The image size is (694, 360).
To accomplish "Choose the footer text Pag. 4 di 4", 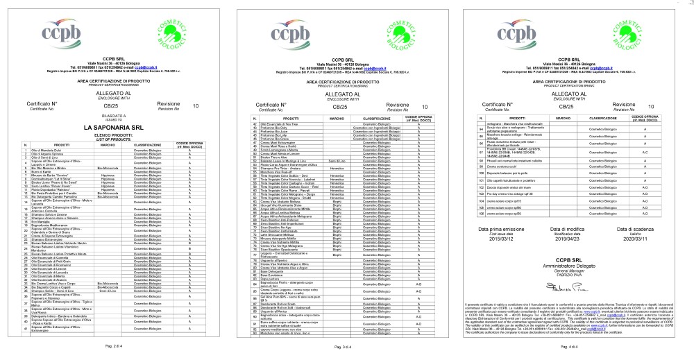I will coord(570,344).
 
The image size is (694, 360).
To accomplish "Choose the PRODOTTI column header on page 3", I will coord(285,119).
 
